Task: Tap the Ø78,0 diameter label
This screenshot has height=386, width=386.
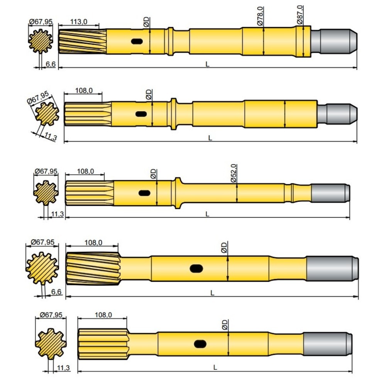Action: click(260, 16)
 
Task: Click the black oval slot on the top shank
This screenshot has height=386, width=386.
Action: click(137, 41)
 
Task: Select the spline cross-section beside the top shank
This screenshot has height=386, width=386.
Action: click(40, 41)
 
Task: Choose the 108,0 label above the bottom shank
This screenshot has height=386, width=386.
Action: click(103, 315)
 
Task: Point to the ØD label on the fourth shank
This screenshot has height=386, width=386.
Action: click(224, 247)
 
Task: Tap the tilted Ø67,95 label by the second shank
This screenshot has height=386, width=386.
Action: click(38, 99)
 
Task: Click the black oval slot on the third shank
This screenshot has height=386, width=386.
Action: click(144, 193)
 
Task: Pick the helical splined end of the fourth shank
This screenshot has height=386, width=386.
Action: click(93, 269)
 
